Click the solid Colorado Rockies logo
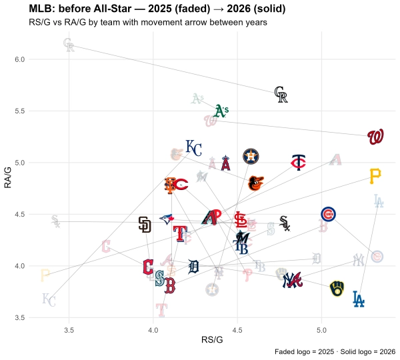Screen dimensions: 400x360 pyautogui.click(x=281, y=95)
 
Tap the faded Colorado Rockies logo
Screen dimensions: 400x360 pyautogui.click(x=69, y=45)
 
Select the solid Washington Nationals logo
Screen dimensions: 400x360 pyautogui.click(x=375, y=137)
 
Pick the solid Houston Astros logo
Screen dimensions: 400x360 pyautogui.click(x=251, y=156)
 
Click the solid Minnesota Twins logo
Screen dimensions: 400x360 pyautogui.click(x=298, y=163)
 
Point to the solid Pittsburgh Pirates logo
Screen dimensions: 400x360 pyautogui.click(x=375, y=176)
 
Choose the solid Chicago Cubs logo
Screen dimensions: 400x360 pyautogui.click(x=328, y=214)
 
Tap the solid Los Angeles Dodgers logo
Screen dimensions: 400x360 pyautogui.click(x=359, y=299)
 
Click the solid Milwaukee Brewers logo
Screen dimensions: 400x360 pyautogui.click(x=337, y=289)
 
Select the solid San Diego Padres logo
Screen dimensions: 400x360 pyautogui.click(x=145, y=225)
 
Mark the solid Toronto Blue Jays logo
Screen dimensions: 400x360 pyautogui.click(x=167, y=219)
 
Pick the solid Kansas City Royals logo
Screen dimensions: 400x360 pyautogui.click(x=193, y=148)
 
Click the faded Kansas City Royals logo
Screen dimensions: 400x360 pyautogui.click(x=49, y=300)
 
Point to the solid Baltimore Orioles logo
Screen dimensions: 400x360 pyautogui.click(x=255, y=183)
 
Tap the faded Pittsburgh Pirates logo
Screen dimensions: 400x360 pyautogui.click(x=45, y=275)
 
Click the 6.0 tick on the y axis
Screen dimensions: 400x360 pyautogui.click(x=19, y=59)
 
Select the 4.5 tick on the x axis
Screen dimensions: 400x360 pyautogui.click(x=237, y=330)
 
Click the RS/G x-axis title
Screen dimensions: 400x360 pyautogui.click(x=212, y=340)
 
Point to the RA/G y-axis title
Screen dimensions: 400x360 pyautogui.click(x=8, y=177)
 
